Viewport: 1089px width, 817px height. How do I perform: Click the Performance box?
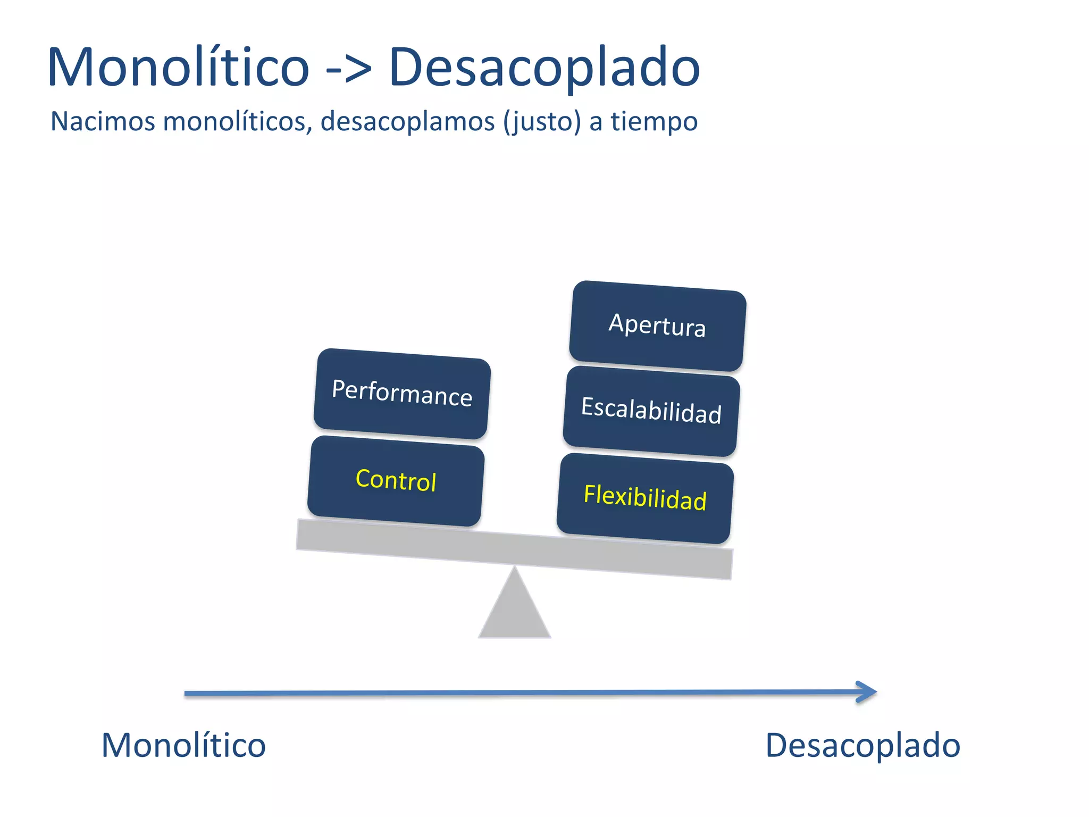[402, 394]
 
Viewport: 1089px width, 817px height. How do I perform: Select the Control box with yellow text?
[396, 481]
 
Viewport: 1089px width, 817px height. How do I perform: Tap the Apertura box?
[658, 326]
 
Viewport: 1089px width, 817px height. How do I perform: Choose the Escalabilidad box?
[651, 411]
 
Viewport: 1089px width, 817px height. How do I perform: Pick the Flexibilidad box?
[645, 498]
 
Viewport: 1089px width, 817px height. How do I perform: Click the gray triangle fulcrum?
[514, 609]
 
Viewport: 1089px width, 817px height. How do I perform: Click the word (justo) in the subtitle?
[542, 121]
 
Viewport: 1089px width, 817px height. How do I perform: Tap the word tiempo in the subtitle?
[654, 121]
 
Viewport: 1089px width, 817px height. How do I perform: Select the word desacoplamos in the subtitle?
[408, 121]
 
